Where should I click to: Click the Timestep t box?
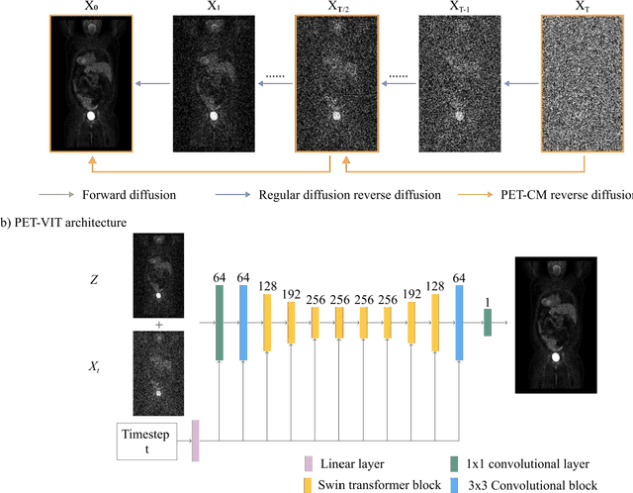tap(144, 441)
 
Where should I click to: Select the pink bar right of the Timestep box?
tap(195, 441)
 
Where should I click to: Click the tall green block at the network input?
tap(219, 323)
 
